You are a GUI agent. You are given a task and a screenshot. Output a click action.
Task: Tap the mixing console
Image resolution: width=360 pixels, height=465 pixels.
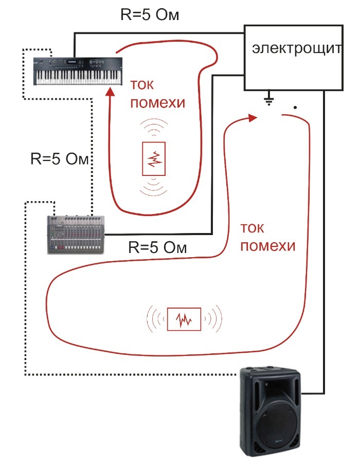point(76,234)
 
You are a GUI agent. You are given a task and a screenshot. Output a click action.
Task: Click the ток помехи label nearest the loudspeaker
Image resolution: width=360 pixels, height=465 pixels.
point(267,237)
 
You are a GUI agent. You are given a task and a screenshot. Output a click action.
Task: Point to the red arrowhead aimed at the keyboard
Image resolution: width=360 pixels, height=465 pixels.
point(111,93)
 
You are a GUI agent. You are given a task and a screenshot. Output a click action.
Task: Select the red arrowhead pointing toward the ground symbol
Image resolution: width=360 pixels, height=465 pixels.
point(251,118)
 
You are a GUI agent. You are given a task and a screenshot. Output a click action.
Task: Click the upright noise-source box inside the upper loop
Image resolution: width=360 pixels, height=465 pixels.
point(154,159)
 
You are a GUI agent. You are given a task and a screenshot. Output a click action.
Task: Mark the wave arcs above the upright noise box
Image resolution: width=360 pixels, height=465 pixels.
point(154,127)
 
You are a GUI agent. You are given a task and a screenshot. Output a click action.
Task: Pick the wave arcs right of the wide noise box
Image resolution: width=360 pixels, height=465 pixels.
point(214,319)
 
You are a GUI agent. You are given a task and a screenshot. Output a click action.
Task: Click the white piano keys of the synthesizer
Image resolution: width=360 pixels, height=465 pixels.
point(78,78)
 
